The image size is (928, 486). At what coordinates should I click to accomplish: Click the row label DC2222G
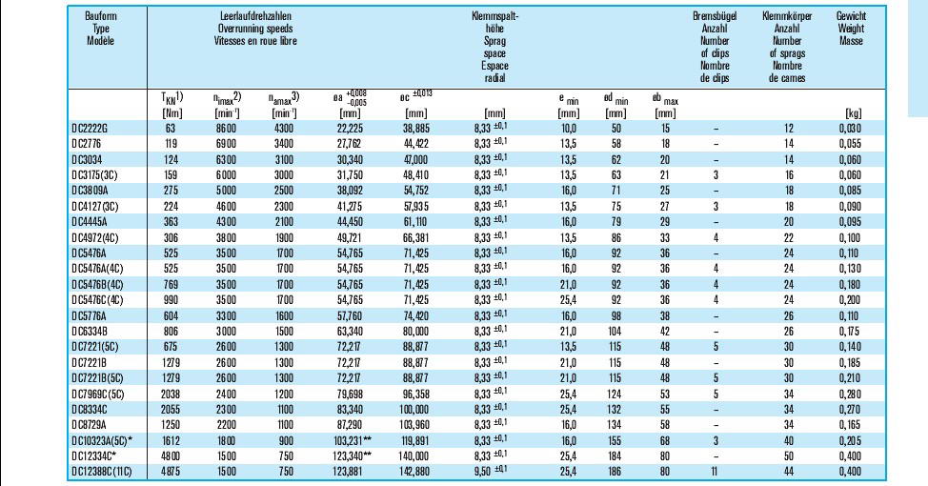(90, 129)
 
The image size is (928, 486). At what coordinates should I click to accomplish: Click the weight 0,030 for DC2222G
(850, 129)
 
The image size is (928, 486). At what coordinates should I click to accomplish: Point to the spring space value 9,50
(482, 472)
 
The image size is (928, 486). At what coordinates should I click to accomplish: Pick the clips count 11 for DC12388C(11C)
(716, 472)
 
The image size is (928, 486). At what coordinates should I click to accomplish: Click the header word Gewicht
(851, 16)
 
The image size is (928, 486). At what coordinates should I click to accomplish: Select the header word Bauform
(101, 16)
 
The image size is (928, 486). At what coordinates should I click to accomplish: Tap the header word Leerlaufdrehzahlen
(255, 16)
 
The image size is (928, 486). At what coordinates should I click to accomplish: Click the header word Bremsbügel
(715, 16)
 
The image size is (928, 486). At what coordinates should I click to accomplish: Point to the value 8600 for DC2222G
(225, 129)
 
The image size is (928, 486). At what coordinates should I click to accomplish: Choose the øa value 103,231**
(354, 441)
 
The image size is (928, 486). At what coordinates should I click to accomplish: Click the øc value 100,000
(415, 410)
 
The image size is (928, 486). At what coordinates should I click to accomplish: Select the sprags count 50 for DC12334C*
(788, 456)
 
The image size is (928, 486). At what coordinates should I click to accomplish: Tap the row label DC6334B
(89, 332)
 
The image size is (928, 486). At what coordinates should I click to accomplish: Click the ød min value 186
(616, 472)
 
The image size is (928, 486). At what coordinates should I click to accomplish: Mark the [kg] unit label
(854, 113)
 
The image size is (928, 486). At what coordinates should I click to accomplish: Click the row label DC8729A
(89, 425)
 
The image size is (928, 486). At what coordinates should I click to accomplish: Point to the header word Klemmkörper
(787, 16)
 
